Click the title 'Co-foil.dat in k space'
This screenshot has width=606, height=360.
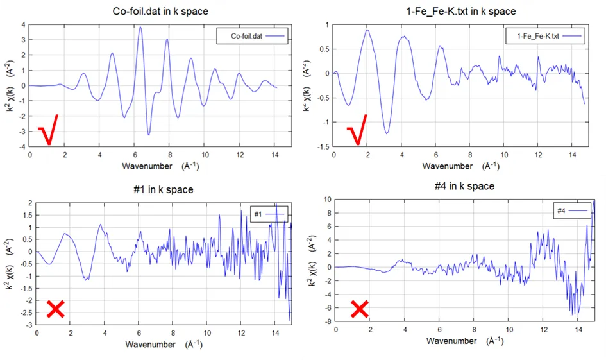(151, 11)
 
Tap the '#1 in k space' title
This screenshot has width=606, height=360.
(153, 189)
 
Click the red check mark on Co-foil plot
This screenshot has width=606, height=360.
(49, 130)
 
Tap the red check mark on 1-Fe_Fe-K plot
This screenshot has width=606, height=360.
(357, 130)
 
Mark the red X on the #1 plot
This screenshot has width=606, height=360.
(55, 309)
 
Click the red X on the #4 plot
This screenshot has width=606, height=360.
(360, 309)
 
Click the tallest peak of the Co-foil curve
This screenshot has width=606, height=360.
(140, 27)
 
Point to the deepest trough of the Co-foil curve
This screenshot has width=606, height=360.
(149, 135)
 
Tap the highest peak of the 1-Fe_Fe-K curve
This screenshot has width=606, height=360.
(367, 30)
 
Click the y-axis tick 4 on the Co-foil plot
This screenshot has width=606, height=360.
(22, 24)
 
